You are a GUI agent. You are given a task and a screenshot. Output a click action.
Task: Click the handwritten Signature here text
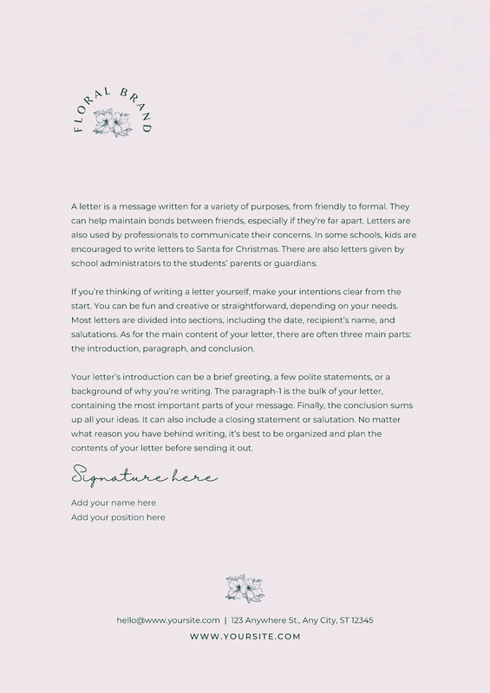coord(144,476)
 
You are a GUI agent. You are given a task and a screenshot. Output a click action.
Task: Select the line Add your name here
coord(114,502)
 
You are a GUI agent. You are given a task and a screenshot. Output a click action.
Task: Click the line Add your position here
coord(118,517)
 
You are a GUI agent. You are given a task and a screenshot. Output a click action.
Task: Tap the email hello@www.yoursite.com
coord(167,620)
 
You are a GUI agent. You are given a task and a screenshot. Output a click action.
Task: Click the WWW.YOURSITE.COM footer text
coord(245,637)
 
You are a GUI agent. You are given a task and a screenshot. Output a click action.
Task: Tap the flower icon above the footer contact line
coord(245,587)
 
